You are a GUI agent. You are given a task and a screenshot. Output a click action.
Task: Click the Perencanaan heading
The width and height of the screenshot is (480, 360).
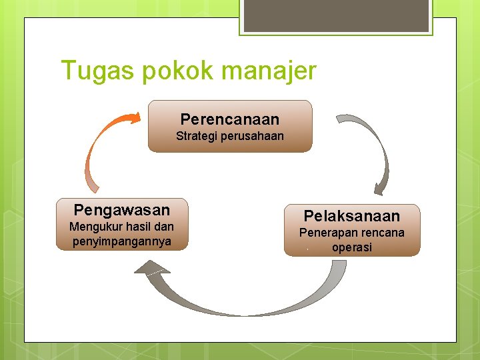pyautogui.click(x=230, y=119)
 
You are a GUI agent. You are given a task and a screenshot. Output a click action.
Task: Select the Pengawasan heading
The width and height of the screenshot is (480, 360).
pyautogui.click(x=122, y=211)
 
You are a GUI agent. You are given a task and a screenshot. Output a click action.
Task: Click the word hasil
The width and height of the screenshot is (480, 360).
pyautogui.click(x=138, y=227)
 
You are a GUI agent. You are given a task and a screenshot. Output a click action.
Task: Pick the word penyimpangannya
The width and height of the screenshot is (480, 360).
pyautogui.click(x=122, y=241)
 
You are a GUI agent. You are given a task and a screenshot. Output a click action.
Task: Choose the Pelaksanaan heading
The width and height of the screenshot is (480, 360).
pyautogui.click(x=352, y=216)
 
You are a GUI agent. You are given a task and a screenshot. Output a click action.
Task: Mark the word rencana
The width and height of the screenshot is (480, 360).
pyautogui.click(x=382, y=233)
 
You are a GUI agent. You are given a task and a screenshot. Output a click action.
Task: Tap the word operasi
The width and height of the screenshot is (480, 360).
pyautogui.click(x=352, y=247)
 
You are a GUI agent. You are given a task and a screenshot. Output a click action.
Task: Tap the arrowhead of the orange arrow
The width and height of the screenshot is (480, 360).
pyautogui.click(x=133, y=118)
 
